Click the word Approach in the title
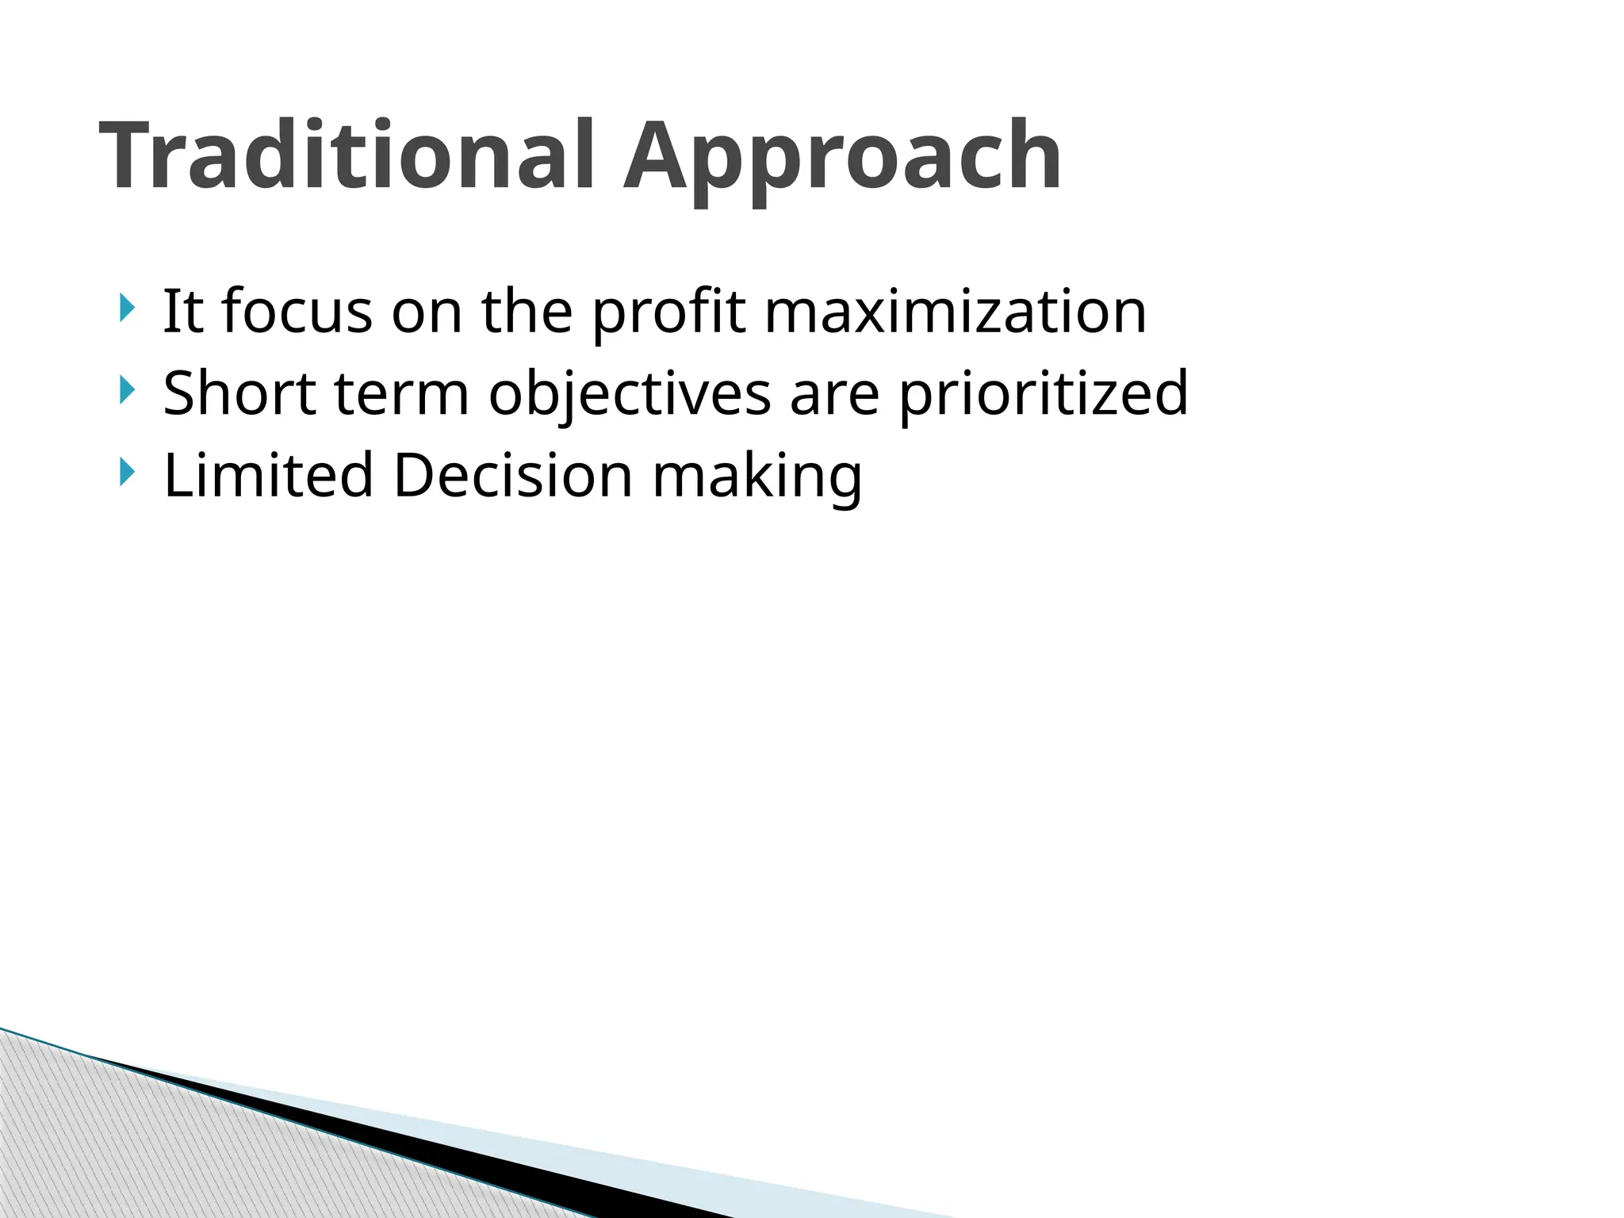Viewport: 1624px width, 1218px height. click(842, 156)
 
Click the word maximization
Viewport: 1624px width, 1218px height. click(956, 311)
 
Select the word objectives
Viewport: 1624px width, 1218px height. click(630, 394)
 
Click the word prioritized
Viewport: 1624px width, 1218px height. click(1043, 394)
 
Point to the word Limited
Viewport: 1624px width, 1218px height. click(268, 475)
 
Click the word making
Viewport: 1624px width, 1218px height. click(756, 477)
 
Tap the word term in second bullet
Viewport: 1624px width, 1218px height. click(402, 394)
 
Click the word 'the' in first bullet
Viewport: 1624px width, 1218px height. click(527, 311)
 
